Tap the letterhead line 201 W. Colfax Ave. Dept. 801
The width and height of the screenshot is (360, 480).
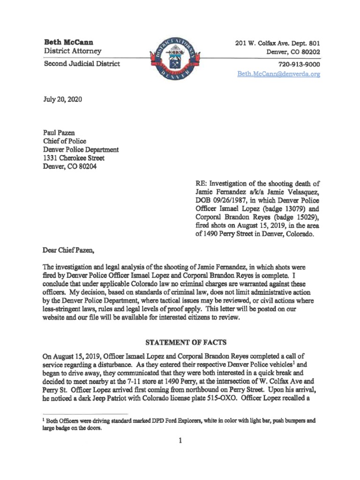pyautogui.click(x=277, y=43)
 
